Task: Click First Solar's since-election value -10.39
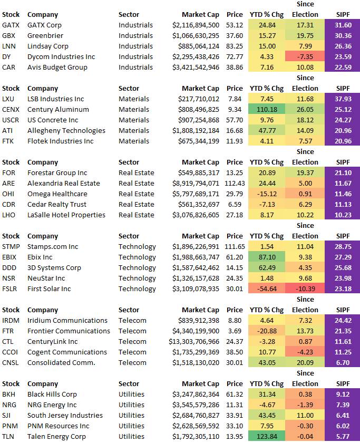coord(305,289)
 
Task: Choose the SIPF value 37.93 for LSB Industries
coord(343,99)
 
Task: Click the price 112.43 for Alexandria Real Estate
coord(235,183)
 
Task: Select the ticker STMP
coord(11,246)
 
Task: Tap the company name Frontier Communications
coord(69,331)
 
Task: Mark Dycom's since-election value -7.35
coord(305,56)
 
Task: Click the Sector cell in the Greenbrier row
coord(135,35)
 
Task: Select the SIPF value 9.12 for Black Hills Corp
coord(343,394)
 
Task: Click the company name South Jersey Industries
coord(65,415)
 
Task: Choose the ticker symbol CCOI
coord(11,352)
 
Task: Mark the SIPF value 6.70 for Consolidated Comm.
coord(343,362)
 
